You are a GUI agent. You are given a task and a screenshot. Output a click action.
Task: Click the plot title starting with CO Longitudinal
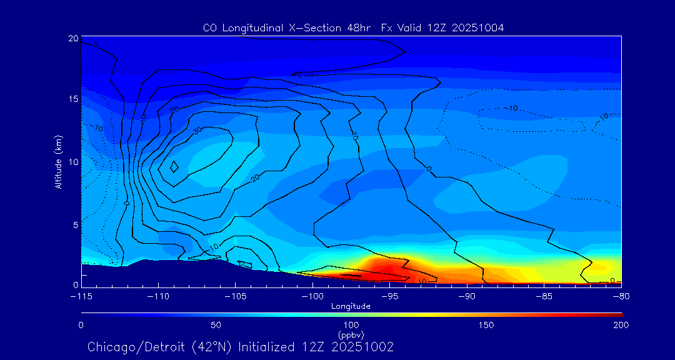[353, 27]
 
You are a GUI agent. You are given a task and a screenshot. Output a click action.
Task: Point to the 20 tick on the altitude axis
[73, 38]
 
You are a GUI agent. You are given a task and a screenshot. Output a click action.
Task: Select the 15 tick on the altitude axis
[73, 99]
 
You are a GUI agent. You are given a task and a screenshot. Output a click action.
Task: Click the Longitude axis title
[351, 306]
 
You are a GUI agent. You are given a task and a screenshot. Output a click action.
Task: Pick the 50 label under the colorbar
[216, 325]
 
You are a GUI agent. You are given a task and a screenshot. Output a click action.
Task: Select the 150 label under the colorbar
[486, 325]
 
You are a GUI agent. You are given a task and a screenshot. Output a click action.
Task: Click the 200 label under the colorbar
[621, 325]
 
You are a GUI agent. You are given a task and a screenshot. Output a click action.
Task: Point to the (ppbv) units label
[351, 334]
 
